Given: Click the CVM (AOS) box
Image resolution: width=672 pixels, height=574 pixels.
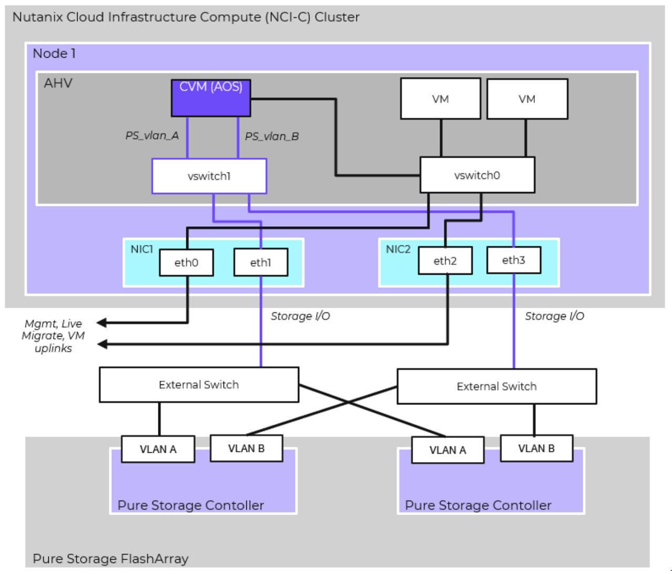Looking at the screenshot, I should pos(211,98).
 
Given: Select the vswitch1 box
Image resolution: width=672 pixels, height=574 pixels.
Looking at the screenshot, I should pos(209,176).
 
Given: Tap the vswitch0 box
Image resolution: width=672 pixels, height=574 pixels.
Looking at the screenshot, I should pos(477,175).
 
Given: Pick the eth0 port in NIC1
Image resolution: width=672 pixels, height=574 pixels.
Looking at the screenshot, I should pos(186,263).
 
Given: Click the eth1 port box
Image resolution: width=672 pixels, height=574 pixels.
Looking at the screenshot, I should pos(260,263).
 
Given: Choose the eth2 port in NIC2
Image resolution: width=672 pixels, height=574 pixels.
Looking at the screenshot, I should pos(445,261).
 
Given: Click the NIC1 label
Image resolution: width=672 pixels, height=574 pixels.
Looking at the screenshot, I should pos(142,249).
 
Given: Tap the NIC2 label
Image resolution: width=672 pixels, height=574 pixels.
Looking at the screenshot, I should pos(398,249).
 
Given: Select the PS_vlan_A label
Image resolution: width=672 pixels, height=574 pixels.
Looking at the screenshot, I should pos(152,135).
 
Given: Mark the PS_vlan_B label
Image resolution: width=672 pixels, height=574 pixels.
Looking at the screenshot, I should pos(271,137).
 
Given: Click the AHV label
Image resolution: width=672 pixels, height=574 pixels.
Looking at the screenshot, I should pos(58,84).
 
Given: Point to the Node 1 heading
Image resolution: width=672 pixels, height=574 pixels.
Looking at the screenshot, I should pos(54,54).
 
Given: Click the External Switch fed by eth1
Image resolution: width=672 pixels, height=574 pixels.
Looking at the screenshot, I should pos(198,385).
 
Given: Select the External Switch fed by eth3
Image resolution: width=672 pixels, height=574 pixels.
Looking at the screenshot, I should pos(497,387).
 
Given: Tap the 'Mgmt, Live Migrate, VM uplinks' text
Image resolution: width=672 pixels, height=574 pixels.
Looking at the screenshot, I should pos(53,336).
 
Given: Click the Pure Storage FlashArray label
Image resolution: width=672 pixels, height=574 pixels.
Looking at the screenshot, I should pos(110,559).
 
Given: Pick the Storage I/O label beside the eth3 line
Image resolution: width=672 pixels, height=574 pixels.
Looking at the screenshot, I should pos(554,316).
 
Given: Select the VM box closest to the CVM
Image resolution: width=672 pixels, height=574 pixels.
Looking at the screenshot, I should pos(440,99).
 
